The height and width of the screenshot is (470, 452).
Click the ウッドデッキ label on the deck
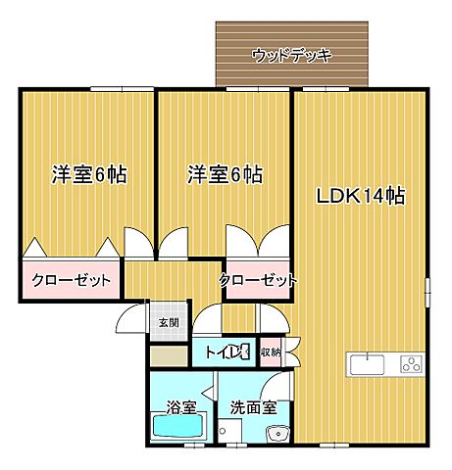[x=292, y=55]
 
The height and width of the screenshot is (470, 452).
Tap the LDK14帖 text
[x=361, y=194]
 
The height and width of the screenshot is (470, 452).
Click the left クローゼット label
[x=71, y=280]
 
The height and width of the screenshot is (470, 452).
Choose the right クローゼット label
[x=257, y=280]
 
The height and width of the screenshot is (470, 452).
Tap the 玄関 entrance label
[x=168, y=322]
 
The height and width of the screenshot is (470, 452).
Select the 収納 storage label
[x=272, y=352]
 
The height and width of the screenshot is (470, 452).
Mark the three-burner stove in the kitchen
[x=410, y=365]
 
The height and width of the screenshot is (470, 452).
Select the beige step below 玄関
[x=168, y=355]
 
